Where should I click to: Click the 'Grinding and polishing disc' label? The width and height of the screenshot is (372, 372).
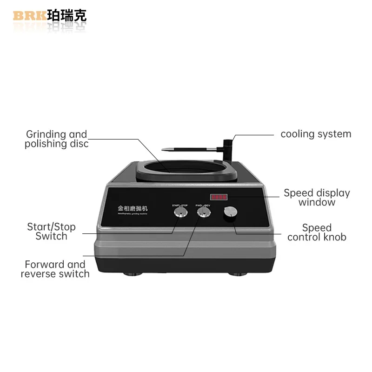pyautogui.click(x=57, y=139)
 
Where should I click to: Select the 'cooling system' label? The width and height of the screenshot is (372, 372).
pyautogui.click(x=316, y=134)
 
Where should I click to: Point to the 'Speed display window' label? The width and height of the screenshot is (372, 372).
pyautogui.click(x=317, y=198)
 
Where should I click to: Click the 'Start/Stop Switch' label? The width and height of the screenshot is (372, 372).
pyautogui.click(x=51, y=232)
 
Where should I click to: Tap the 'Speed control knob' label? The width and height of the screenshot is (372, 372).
pyautogui.click(x=317, y=232)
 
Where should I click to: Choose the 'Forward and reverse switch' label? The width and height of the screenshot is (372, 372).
pyautogui.click(x=55, y=269)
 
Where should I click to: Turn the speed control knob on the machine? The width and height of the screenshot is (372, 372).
pyautogui.click(x=230, y=213)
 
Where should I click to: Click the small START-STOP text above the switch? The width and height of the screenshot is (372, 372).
pyautogui.click(x=179, y=205)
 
